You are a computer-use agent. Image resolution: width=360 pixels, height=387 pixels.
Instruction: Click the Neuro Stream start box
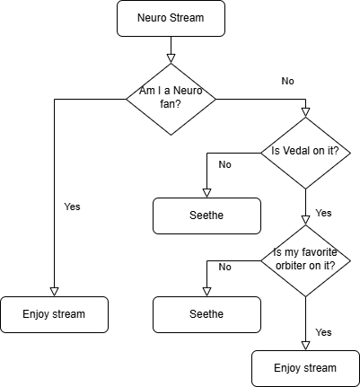pos(171,18)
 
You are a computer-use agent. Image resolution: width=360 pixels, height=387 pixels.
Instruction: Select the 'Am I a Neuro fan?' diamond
pos(171,99)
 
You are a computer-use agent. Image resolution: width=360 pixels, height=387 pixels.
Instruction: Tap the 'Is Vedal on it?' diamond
pos(305,153)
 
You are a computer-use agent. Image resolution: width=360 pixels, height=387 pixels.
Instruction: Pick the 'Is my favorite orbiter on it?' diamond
pos(305,260)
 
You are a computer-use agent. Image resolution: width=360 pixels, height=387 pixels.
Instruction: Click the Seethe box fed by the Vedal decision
pos(206,215)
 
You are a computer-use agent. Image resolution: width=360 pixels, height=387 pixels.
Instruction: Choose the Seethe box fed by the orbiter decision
pos(206,314)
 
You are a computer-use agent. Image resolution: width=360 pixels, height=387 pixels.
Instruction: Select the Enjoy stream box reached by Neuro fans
pos(54,314)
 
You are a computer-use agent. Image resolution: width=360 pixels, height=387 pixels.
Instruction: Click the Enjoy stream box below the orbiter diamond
pos(305,368)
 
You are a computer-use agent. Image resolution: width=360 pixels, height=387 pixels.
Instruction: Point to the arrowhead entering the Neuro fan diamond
pos(171,58)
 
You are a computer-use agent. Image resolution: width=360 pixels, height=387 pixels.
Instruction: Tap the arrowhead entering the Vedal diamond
pos(305,112)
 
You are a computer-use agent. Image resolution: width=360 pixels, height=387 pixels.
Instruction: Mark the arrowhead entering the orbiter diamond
pos(305,220)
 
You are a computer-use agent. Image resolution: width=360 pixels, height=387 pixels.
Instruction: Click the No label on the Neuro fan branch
pos(288,81)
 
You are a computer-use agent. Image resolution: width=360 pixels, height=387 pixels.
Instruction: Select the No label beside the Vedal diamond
pos(225,164)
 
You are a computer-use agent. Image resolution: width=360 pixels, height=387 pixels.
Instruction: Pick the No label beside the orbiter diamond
pos(225,267)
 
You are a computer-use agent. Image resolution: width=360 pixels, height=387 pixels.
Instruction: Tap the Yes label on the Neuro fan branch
pos(72,207)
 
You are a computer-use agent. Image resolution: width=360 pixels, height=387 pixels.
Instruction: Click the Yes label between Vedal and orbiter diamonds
pos(323,213)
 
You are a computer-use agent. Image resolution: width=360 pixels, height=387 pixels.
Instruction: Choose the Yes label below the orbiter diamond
pos(323,332)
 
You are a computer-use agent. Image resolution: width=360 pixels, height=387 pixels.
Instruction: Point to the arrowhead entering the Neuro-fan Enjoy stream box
pos(54,292)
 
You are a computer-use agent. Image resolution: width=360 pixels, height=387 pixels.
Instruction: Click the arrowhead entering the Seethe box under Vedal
pos(206,193)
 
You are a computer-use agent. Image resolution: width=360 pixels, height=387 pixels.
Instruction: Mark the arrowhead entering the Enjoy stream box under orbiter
pos(305,346)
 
